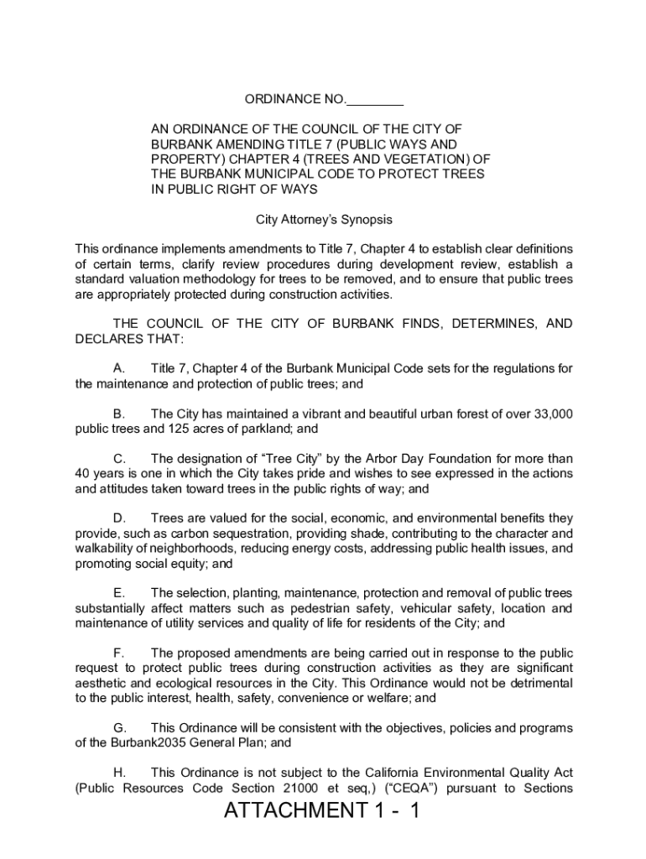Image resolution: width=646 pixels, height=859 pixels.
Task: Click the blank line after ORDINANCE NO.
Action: click(375, 101)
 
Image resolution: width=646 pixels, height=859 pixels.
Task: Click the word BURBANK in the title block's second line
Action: click(180, 144)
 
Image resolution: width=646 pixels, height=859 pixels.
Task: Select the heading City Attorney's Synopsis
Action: click(324, 220)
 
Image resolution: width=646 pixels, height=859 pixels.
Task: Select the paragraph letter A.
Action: click(118, 369)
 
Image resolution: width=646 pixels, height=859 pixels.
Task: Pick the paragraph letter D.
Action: click(119, 518)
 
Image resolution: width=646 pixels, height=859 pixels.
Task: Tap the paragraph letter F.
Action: click(118, 653)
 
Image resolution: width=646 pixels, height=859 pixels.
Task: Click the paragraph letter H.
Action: click(119, 772)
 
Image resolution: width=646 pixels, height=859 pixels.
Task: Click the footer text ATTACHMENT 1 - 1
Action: click(321, 811)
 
